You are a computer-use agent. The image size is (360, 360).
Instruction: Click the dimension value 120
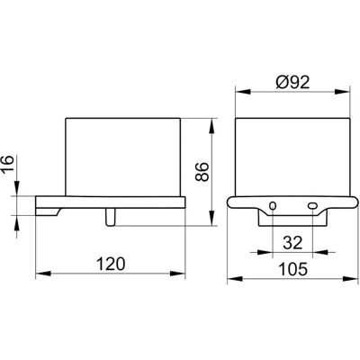111,265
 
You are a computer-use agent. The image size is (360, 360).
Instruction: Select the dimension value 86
202,172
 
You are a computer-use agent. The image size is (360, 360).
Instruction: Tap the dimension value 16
9,163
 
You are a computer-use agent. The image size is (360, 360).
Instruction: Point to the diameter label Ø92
292,82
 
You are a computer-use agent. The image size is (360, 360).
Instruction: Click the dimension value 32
292,242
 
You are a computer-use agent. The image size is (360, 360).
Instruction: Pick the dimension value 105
293,269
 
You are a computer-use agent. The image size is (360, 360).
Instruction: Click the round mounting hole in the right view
273,206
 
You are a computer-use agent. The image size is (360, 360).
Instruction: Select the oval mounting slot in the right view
312,206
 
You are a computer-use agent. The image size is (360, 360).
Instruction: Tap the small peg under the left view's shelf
110,217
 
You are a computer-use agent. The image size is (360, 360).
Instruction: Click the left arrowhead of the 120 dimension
42,274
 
